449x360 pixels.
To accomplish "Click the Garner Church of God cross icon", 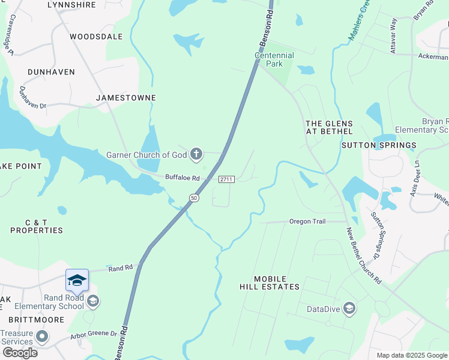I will click(x=196, y=155).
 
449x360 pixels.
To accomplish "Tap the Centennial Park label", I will click(x=274, y=59).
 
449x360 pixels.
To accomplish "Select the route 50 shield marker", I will click(x=193, y=197).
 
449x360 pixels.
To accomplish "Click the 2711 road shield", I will click(x=226, y=179).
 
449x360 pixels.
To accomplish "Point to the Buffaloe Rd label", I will click(x=182, y=178).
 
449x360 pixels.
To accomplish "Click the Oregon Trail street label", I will click(x=307, y=221).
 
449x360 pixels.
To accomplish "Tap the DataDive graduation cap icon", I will click(x=349, y=309).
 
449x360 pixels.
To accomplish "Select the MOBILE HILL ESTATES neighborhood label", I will click(x=276, y=283).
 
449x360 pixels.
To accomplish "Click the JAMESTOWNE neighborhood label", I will click(x=126, y=98).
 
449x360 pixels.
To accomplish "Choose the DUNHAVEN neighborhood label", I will click(x=51, y=72).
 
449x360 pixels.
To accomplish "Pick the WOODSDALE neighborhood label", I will click(x=96, y=37).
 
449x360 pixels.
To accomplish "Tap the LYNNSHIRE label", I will click(x=71, y=4).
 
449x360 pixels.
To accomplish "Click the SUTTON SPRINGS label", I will click(x=379, y=145).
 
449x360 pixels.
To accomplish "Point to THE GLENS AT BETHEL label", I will click(x=329, y=127).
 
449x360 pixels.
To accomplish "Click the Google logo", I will click(x=20, y=353).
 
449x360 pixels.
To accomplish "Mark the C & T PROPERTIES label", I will click(x=36, y=226).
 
